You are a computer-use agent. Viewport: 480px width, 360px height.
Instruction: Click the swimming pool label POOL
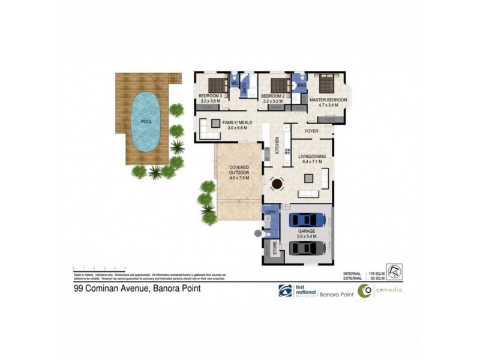(146, 121)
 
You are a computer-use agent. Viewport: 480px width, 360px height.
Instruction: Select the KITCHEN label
(277, 145)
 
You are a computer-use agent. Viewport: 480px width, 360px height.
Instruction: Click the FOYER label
(311, 130)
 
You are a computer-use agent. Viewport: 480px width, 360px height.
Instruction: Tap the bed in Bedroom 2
(279, 84)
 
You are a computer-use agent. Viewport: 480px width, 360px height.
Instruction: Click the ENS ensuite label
(301, 86)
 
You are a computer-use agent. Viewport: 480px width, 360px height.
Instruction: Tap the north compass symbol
(395, 271)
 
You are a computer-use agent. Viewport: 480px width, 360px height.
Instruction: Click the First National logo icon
(285, 290)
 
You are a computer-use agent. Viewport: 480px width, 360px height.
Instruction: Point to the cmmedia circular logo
(364, 291)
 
